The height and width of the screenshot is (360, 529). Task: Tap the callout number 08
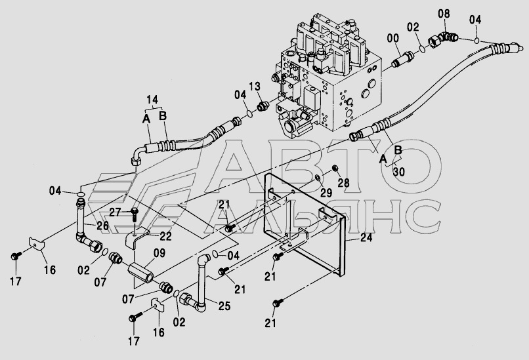(x=444, y=13)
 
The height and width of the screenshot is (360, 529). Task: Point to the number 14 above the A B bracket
(x=152, y=100)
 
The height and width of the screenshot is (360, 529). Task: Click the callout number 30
(x=398, y=171)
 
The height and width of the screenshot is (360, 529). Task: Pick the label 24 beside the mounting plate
(x=366, y=239)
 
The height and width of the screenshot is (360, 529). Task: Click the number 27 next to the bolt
(x=116, y=212)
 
